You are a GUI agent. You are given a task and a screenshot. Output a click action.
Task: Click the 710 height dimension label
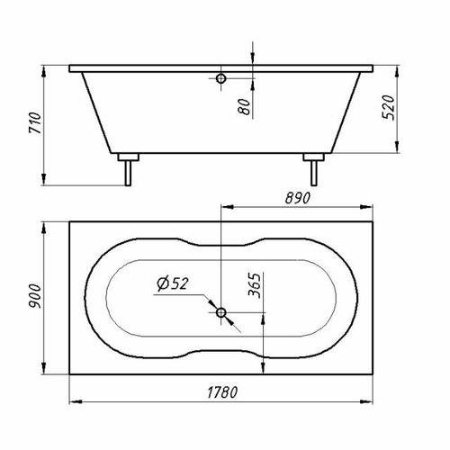[34, 122]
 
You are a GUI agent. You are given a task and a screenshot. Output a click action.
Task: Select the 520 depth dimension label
[388, 107]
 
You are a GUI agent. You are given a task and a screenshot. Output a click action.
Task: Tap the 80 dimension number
[244, 106]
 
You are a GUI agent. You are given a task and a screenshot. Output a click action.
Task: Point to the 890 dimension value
[298, 198]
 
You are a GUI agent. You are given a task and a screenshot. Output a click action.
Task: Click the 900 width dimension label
[34, 296]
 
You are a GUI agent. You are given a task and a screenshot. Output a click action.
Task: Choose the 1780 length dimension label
[222, 392]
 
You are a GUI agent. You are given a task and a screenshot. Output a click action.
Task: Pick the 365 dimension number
[255, 285]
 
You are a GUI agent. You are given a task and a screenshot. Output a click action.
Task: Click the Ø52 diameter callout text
[173, 283]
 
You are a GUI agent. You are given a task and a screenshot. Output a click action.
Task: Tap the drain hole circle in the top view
[221, 312]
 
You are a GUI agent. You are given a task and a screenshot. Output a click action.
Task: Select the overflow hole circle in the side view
[221, 78]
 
